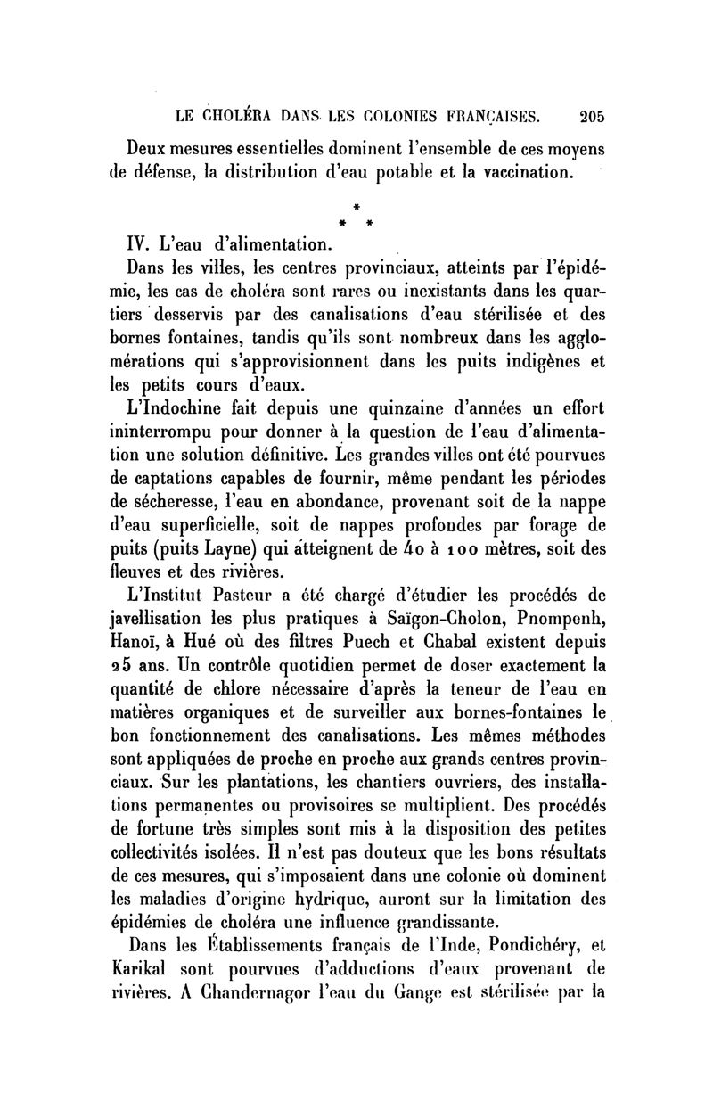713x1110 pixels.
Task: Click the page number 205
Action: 591,114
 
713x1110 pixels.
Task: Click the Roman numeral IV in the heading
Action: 141,241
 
